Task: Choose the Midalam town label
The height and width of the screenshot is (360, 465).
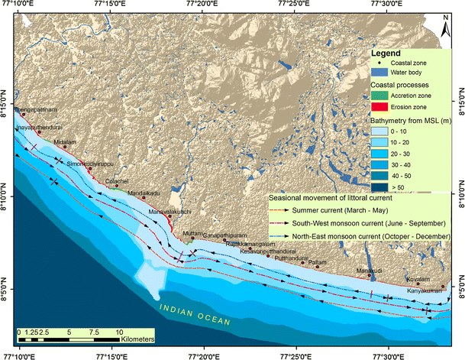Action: click(x=66, y=142)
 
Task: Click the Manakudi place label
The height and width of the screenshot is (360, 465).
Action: click(x=370, y=271)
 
